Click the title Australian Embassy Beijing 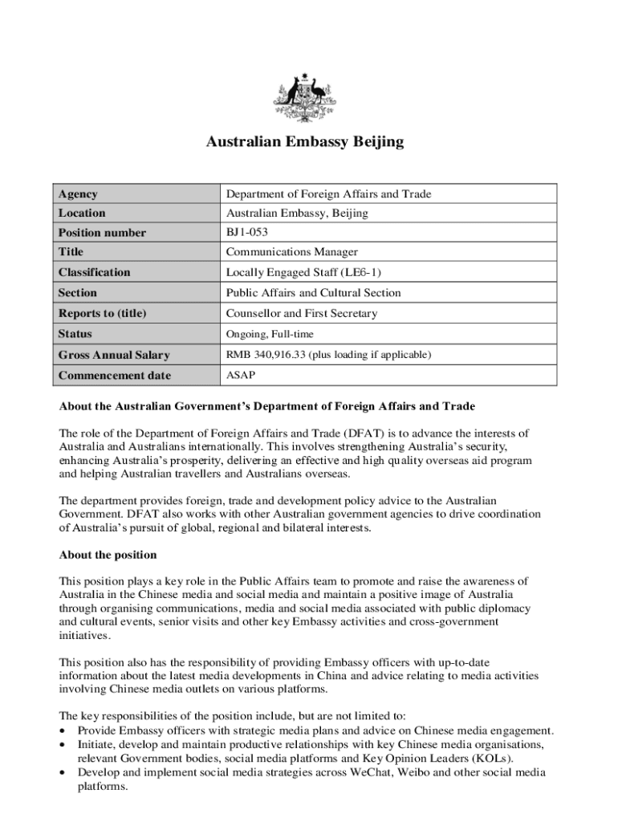305,143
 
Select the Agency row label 79,193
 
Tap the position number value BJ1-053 246,233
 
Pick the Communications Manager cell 291,252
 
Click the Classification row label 94,272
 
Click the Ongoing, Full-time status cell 270,334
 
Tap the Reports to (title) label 102,313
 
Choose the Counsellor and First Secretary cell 301,313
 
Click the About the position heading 108,555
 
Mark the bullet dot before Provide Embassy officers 63,731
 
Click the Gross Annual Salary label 113,355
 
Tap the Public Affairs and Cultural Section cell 313,293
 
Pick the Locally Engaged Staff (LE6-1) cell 302,272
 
